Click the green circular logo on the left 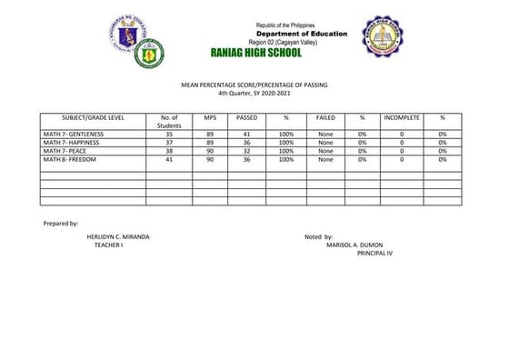pyautogui.click(x=149, y=55)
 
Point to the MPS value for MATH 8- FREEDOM pyautogui.click(x=209, y=159)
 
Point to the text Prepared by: pyautogui.click(x=61, y=223)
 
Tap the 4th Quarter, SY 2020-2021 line pyautogui.click(x=254, y=94)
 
